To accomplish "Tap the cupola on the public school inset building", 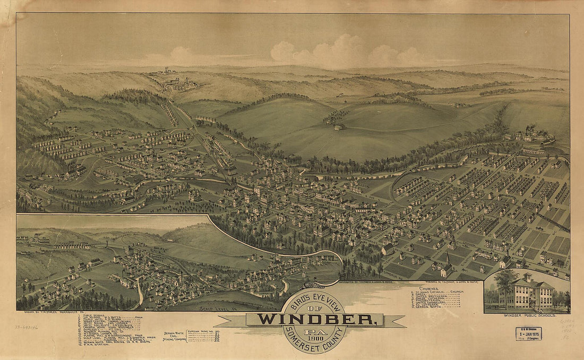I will [527, 277].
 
